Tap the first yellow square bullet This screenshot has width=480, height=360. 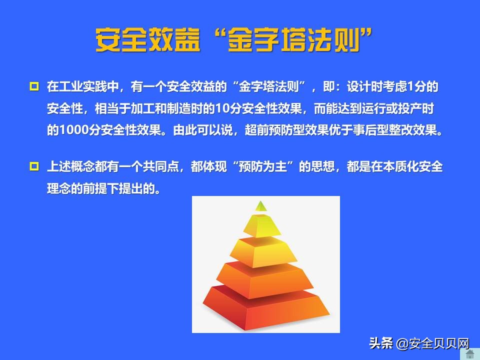[x=34, y=86]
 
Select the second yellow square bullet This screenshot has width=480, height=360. [x=34, y=166]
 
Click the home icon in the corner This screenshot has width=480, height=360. [x=470, y=353]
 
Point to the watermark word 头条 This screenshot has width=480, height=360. [x=381, y=343]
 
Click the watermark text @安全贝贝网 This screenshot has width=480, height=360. [x=433, y=343]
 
